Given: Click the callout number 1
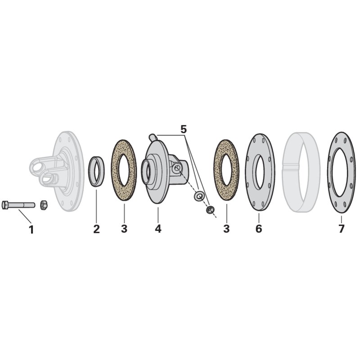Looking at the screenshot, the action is click(31, 229).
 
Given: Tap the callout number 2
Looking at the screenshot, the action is click(96, 229).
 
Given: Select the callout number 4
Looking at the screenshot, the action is click(158, 229).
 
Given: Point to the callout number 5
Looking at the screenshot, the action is click(184, 130).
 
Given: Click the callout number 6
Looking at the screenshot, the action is click(259, 229).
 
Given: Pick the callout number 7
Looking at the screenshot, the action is click(342, 229).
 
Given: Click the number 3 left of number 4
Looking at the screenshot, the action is click(124, 229).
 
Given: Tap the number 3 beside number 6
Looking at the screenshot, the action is click(226, 229).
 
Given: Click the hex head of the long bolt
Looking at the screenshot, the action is click(5, 205).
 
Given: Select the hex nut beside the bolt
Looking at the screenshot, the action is click(44, 205).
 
